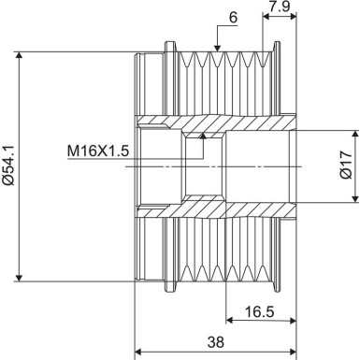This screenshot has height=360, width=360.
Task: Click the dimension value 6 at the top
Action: click(232, 16)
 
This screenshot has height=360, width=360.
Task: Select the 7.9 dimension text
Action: click(280, 7)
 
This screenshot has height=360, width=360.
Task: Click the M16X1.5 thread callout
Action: click(97, 150)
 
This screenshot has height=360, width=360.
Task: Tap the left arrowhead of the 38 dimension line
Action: click(140, 353)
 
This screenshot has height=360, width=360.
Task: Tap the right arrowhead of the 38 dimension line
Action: click(292, 353)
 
